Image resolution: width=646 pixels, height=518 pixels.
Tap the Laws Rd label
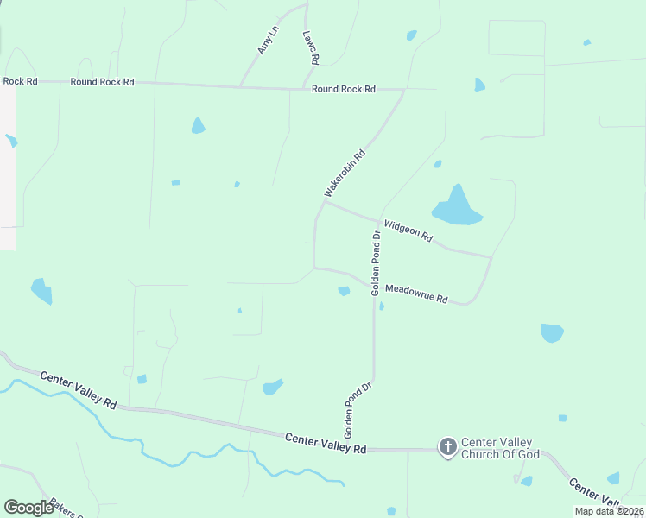pyautogui.click(x=311, y=48)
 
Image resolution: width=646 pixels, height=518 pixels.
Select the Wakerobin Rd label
pyautogui.click(x=345, y=174)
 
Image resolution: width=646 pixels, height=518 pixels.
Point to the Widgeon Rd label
pyautogui.click(x=408, y=231)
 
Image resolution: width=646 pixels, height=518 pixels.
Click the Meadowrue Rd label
pyautogui.click(x=416, y=294)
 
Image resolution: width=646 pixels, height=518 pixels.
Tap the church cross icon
pyautogui.click(x=447, y=446)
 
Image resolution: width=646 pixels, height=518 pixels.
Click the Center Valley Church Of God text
pyautogui.click(x=500, y=447)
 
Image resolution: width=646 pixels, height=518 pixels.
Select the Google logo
pyautogui.click(x=29, y=508)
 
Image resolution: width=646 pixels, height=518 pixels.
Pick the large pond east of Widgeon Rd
pyautogui.click(x=456, y=208)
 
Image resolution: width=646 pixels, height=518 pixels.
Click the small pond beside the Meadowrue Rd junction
pyautogui.click(x=344, y=291)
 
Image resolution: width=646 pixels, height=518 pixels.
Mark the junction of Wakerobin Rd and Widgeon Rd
pyautogui.click(x=325, y=203)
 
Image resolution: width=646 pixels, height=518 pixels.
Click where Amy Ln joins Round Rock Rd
pyautogui.click(x=239, y=86)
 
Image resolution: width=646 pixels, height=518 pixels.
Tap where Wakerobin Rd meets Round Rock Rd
pyautogui.click(x=404, y=89)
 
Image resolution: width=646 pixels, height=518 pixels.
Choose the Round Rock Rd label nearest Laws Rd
pyautogui.click(x=344, y=89)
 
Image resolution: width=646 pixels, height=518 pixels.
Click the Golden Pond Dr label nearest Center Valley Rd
pyautogui.click(x=356, y=407)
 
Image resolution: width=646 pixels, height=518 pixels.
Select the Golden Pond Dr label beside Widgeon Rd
pyautogui.click(x=376, y=263)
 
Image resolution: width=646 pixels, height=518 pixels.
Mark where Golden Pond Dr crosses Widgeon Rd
pyautogui.click(x=379, y=220)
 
